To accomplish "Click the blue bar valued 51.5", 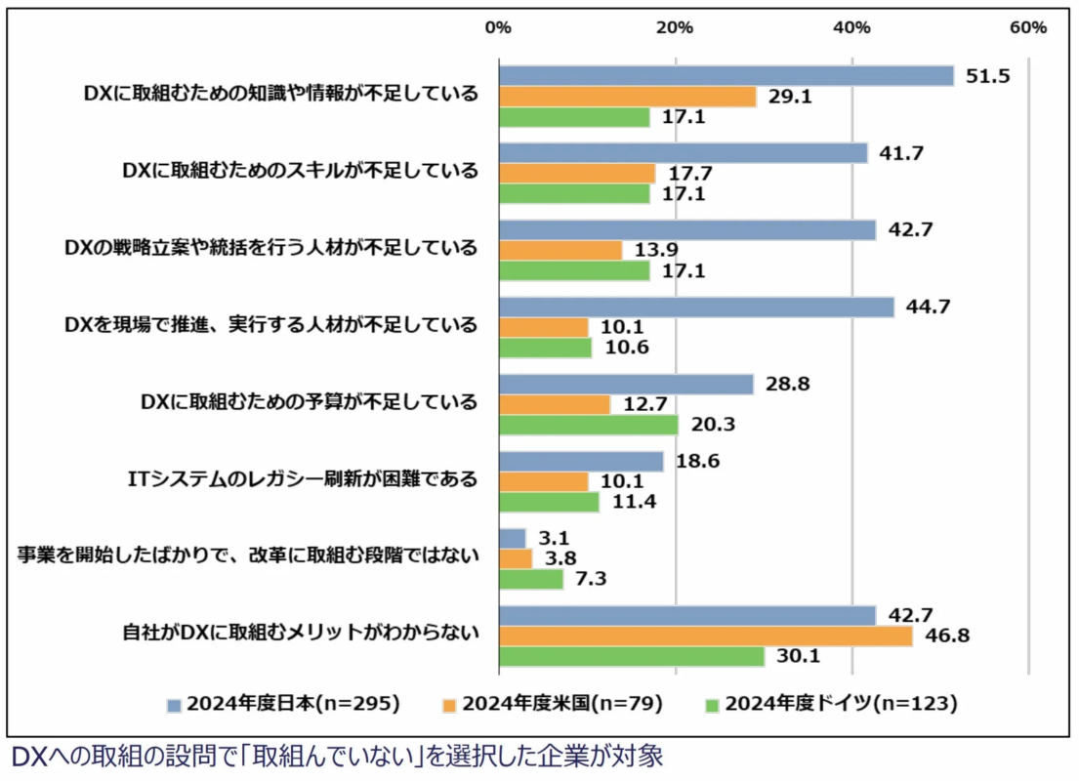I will (726, 76).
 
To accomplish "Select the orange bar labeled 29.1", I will (627, 97).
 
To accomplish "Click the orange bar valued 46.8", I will (705, 637).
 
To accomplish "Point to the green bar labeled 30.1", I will (631, 657).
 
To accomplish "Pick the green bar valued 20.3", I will (588, 426).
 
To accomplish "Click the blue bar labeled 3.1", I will (513, 538).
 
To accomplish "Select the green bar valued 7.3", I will (531, 579).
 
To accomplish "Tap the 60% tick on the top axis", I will (1028, 28).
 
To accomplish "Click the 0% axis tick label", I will (498, 28).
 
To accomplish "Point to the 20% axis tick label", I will (675, 28).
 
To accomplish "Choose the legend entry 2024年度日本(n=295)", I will (284, 703).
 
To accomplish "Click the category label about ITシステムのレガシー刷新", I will (303, 478).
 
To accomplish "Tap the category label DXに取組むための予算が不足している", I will (310, 401).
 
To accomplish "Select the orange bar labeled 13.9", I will (560, 251).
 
